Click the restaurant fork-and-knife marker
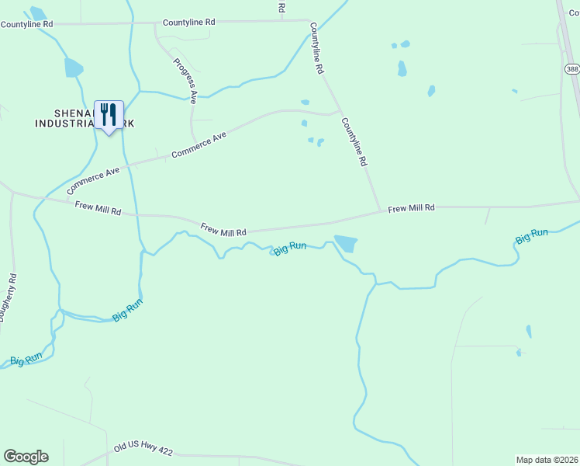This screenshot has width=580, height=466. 109,115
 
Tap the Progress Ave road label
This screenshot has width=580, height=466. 185,81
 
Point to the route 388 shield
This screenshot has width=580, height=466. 572,69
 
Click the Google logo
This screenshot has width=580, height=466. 26,457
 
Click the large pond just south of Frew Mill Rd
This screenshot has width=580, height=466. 346,244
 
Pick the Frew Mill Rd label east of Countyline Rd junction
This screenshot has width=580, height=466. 411,208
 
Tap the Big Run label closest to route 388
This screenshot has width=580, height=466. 533,234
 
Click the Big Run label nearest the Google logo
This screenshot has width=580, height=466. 26,360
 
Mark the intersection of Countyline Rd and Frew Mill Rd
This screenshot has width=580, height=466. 380,210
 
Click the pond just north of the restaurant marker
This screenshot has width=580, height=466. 74,68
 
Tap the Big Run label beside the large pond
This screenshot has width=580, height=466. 290,247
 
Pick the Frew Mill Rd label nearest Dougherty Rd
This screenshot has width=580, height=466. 98,208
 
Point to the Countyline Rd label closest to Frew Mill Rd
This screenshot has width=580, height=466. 353,142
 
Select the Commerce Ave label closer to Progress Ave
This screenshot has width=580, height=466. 199,145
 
